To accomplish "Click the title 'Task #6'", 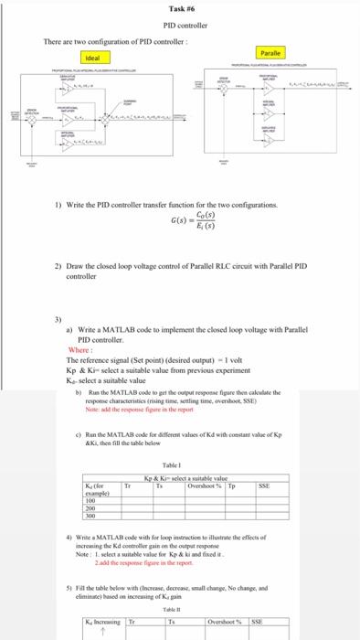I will click(x=180, y=8).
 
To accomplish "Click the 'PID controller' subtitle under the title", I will click(x=180, y=26).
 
